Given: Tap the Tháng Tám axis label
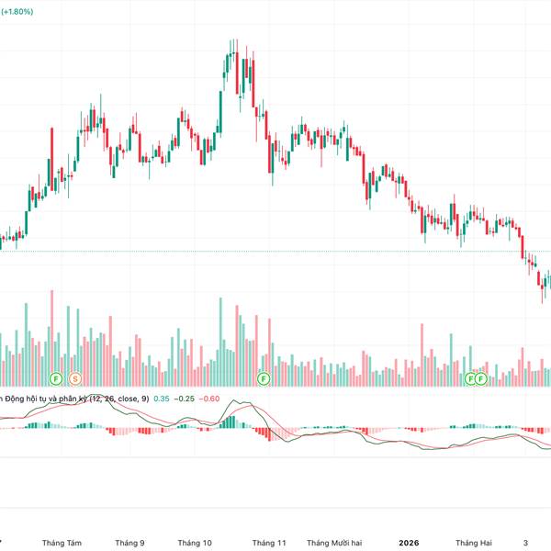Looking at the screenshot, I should pos(62,542).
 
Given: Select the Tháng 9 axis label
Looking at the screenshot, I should pos(129,542).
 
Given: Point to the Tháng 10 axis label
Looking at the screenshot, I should pos(196,542).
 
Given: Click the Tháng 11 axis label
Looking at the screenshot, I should pos(269,542).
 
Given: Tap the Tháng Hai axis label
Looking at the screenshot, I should pos(473,542).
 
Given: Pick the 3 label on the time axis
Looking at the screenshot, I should pos(526,542).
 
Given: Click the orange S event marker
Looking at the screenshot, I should pos(75,378).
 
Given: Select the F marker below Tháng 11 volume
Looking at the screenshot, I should pos(264,378).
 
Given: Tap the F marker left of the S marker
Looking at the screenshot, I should pos(56,378).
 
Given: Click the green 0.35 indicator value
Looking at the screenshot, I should pos(162,399).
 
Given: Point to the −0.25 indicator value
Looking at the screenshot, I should pos(186,399).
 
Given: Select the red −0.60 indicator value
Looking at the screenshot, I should pos(210,399).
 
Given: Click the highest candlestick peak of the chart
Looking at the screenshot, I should pos(236,41).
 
